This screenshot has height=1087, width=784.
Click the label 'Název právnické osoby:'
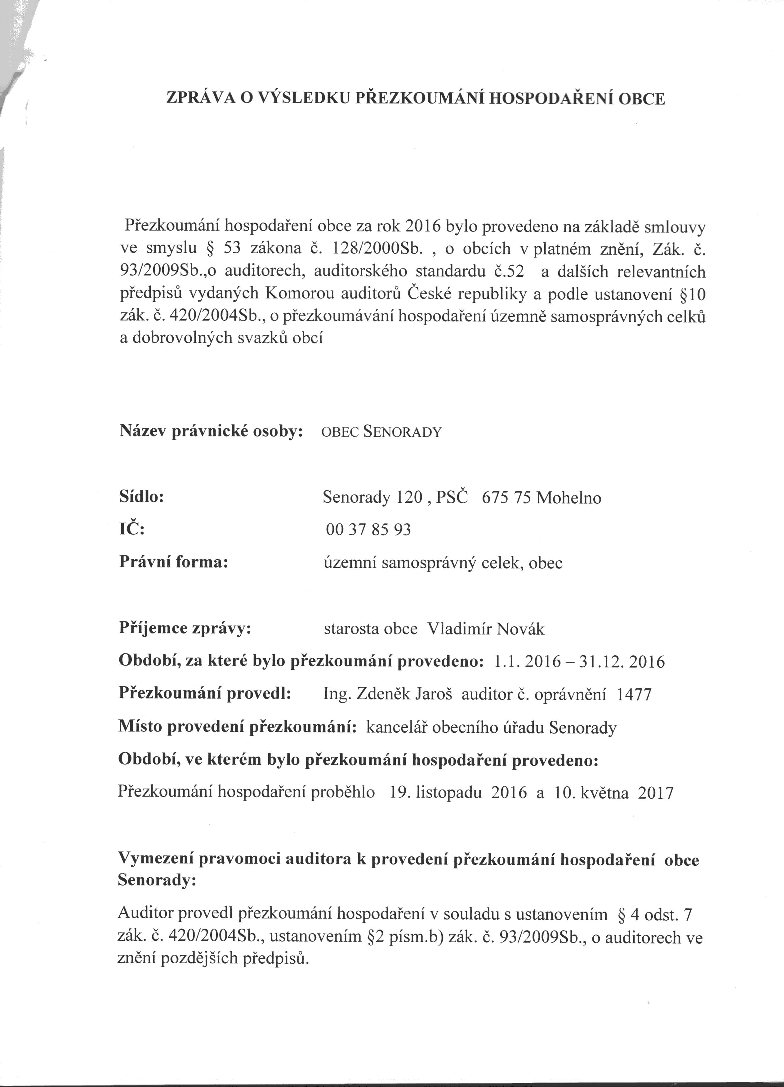pyautogui.click(x=211, y=431)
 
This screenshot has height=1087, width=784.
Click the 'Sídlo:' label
pyautogui.click(x=141, y=497)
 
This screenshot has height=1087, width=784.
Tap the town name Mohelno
pyautogui.click(x=569, y=498)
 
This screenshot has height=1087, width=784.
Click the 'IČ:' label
pyautogui.click(x=131, y=529)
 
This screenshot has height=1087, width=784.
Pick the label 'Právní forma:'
pyautogui.click(x=173, y=561)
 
